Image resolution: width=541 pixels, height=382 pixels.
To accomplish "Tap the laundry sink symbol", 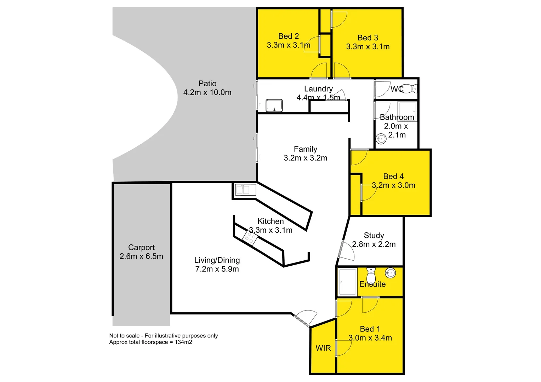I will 274,106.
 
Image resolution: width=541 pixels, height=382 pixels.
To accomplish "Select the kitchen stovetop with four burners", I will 250,237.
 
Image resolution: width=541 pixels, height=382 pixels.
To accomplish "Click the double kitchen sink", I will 245,190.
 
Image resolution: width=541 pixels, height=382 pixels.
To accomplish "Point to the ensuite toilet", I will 371,275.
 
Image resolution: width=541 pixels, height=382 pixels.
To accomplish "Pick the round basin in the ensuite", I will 390,273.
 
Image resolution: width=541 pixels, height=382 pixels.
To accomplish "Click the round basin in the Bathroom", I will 381,139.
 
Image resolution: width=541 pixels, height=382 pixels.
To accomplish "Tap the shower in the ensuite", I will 347,282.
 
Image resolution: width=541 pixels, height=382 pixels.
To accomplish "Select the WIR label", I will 323,348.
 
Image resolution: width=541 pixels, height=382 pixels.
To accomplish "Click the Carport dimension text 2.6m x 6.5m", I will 141,256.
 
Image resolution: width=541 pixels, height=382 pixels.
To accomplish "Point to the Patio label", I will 207,83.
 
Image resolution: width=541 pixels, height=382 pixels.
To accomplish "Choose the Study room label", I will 374,236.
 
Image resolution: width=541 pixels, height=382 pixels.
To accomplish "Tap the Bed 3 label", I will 368,38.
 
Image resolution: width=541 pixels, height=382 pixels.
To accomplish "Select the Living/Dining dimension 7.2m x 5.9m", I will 217,269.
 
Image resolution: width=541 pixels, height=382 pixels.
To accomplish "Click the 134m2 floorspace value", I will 183,342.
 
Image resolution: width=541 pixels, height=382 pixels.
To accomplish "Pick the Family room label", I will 305,149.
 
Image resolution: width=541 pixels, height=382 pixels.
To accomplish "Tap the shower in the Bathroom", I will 407,111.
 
